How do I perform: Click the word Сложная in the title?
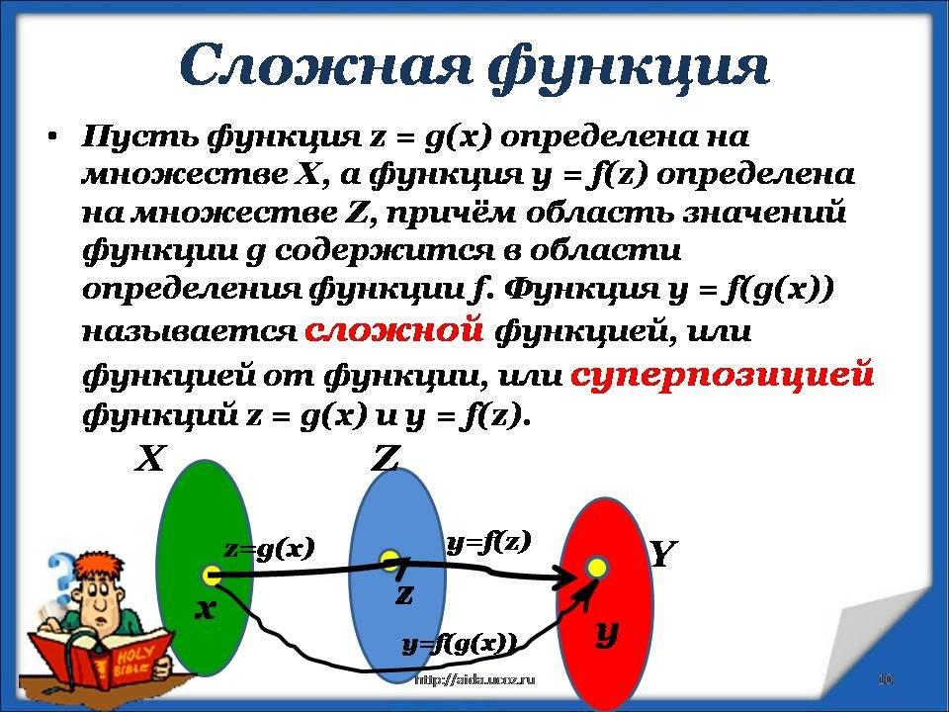(x=325, y=65)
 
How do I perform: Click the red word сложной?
(x=394, y=330)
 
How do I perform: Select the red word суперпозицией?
(x=722, y=375)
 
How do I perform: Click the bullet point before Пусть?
(x=53, y=136)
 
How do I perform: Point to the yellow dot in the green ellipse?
(x=212, y=576)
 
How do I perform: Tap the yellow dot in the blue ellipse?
(x=389, y=559)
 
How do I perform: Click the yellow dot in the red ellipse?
(x=597, y=568)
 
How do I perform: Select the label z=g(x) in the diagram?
(x=270, y=549)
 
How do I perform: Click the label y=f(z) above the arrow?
(x=488, y=542)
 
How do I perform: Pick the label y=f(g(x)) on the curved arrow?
(x=460, y=644)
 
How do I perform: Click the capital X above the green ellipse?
(x=149, y=458)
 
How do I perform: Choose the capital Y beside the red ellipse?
(x=662, y=554)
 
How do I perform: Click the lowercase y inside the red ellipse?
(x=606, y=634)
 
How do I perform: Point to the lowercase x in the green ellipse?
(x=206, y=610)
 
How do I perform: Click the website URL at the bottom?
(x=475, y=680)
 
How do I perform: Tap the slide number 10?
(x=885, y=679)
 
